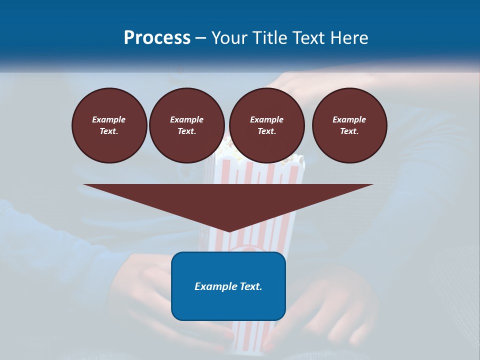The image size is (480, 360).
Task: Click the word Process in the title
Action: point(157,38)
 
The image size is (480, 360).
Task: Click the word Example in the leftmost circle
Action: point(108,119)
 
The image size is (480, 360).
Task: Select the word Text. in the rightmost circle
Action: point(349,131)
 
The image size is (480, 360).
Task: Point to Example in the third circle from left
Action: point(266,119)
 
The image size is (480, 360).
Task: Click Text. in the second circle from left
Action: point(186,131)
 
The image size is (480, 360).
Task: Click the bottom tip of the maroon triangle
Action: point(228,231)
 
